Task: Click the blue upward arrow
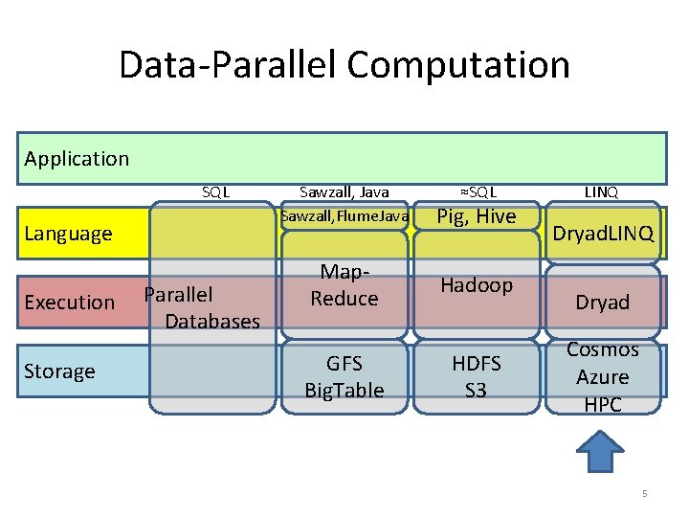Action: tap(600, 451)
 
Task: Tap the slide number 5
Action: tap(645, 493)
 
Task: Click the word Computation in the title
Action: tap(458, 65)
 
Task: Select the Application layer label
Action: tap(77, 159)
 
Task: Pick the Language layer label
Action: tap(68, 234)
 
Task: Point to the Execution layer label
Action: tap(70, 303)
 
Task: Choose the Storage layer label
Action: tap(59, 371)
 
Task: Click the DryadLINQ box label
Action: tap(603, 234)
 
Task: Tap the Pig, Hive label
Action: tap(477, 216)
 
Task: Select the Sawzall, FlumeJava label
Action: tap(344, 216)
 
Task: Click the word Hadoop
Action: tap(477, 285)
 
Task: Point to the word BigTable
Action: tap(344, 391)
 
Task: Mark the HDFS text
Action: tap(477, 364)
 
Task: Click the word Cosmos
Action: tap(603, 349)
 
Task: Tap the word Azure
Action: tap(603, 377)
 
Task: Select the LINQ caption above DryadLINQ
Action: tap(601, 192)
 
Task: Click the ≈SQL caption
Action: tap(478, 192)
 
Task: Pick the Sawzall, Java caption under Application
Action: tap(344, 192)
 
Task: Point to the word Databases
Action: tap(212, 322)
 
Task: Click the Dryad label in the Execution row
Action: tap(603, 303)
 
